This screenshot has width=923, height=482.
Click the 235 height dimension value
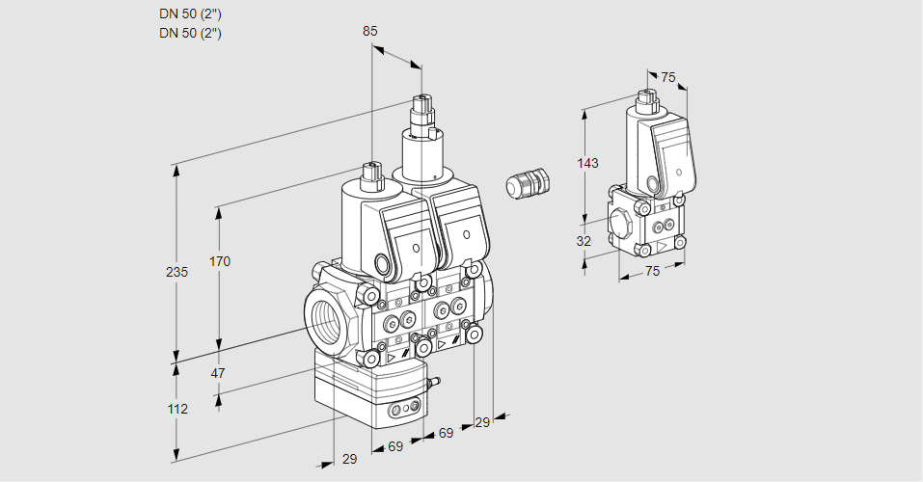click(176, 273)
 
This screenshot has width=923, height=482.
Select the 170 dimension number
click(220, 262)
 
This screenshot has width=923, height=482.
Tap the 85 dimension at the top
click(370, 31)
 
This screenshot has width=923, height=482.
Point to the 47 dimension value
click(218, 372)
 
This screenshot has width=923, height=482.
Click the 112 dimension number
click(176, 409)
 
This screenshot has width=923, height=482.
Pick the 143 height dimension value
click(587, 163)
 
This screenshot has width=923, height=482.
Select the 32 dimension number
click(584, 241)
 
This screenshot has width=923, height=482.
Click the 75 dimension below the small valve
click(652, 272)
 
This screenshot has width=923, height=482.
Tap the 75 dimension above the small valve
click(668, 77)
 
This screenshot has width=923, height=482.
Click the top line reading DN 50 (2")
click(190, 14)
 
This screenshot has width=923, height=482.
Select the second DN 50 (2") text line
click(190, 33)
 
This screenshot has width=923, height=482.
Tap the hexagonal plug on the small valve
click(621, 223)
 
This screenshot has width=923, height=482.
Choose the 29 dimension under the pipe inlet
click(349, 460)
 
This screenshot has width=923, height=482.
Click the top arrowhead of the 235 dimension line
click(176, 165)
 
